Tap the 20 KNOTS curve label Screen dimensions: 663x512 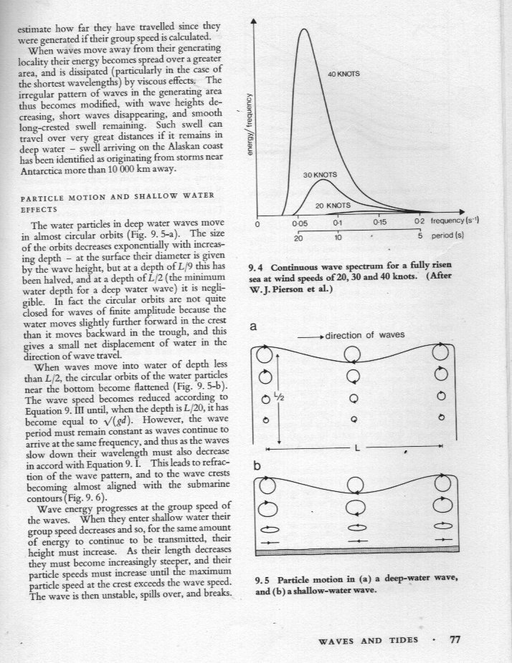coord(333,205)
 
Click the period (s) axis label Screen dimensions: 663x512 coord(450,236)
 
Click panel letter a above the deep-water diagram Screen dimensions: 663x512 coord(252,326)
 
